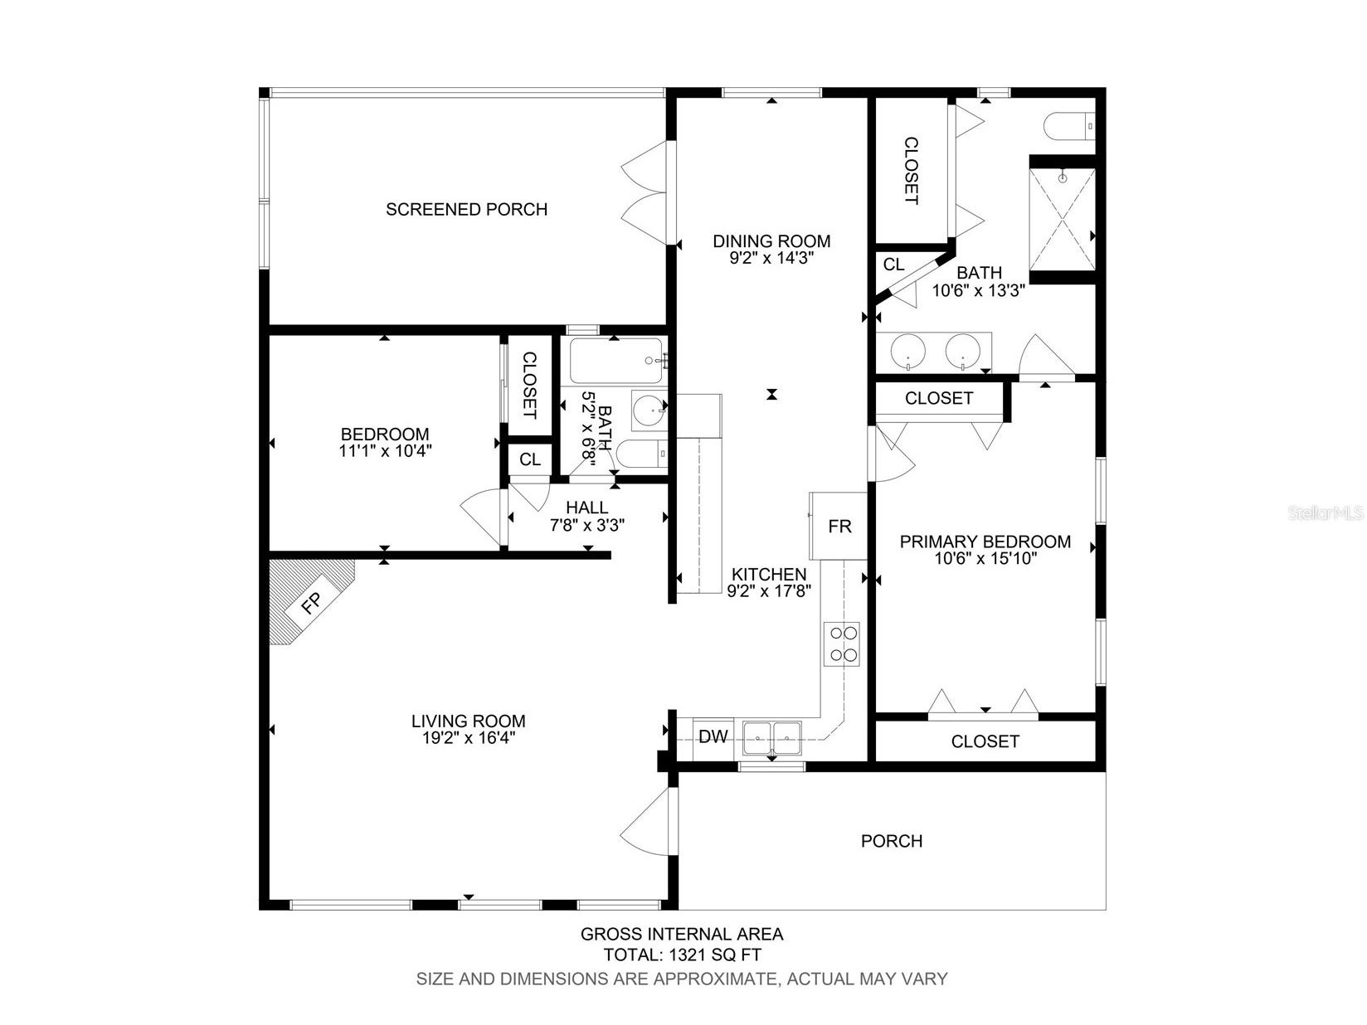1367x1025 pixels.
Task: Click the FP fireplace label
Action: (x=311, y=602)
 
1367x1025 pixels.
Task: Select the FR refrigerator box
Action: (x=839, y=526)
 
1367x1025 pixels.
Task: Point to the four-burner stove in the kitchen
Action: (x=841, y=644)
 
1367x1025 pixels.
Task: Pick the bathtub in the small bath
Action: (x=616, y=361)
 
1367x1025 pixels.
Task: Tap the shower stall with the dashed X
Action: (x=1062, y=219)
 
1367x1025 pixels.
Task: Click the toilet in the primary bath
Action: (x=1070, y=126)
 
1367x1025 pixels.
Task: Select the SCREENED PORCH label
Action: (x=466, y=209)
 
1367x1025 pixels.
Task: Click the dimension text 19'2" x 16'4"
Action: (x=468, y=738)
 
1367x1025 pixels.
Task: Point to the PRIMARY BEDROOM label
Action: (x=985, y=542)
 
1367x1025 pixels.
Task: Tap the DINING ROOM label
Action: (x=771, y=240)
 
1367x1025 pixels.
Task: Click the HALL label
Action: (x=587, y=508)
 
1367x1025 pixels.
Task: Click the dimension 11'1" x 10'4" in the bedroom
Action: (x=386, y=450)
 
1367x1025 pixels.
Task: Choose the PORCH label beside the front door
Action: (x=891, y=841)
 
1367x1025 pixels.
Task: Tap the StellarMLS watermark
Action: (x=1326, y=512)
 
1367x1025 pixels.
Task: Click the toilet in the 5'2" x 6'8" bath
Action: (x=641, y=454)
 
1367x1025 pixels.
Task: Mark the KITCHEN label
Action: (x=768, y=574)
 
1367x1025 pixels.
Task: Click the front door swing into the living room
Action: (x=641, y=820)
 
